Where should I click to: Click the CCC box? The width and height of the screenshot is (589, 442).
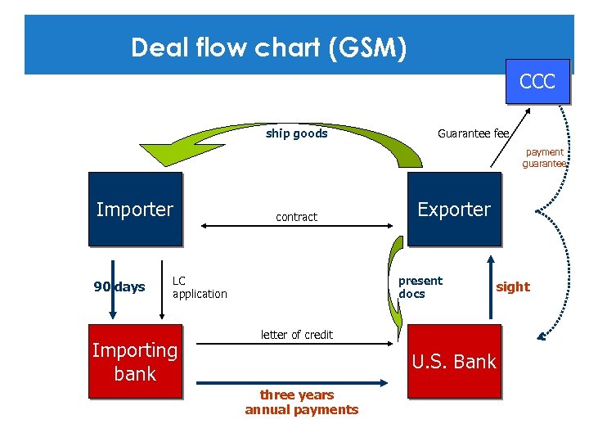click(537, 82)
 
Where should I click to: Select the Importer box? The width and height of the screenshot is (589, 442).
click(135, 210)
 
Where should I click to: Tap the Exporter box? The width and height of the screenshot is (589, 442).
click(454, 210)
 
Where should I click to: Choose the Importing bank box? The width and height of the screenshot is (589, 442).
click(135, 362)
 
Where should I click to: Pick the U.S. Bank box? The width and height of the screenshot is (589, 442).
click(454, 362)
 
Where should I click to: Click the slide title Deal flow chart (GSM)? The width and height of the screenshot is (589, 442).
click(268, 47)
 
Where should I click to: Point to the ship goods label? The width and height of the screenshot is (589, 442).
click(296, 133)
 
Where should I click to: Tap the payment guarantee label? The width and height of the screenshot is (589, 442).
click(544, 158)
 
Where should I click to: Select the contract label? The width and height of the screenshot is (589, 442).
click(296, 217)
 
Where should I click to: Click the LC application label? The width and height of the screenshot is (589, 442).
click(200, 287)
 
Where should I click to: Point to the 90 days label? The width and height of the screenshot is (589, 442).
click(119, 286)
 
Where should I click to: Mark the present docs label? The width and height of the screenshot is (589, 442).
click(420, 287)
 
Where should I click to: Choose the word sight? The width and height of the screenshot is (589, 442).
click(513, 286)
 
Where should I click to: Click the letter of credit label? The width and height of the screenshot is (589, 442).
click(296, 334)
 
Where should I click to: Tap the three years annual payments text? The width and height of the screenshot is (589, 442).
click(302, 402)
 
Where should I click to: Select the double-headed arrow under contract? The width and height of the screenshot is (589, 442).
click(296, 227)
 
